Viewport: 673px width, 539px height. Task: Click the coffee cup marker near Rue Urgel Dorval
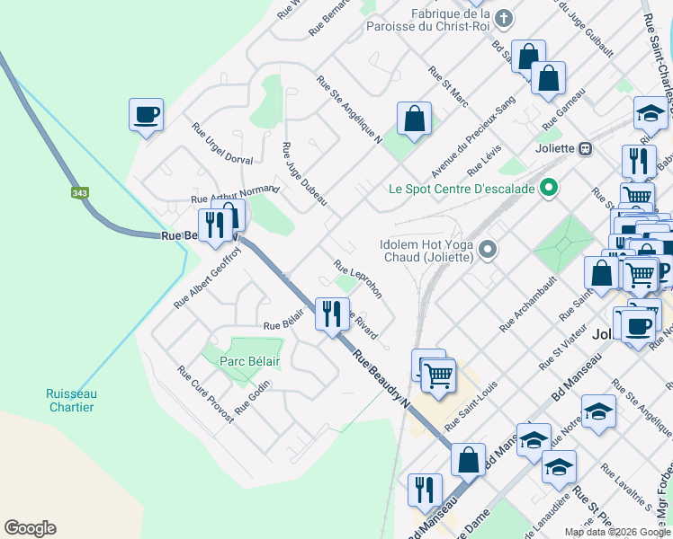tap(146, 116)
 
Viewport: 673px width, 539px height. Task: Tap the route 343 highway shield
tap(79, 192)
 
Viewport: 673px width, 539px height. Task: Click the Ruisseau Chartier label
tap(71, 401)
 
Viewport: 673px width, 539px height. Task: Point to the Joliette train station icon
tap(585, 148)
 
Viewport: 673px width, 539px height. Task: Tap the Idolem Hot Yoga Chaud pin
tap(487, 249)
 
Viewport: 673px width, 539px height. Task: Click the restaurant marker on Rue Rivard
tap(331, 314)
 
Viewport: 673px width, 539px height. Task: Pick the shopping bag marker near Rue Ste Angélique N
tap(414, 119)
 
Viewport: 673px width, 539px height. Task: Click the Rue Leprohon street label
tap(357, 278)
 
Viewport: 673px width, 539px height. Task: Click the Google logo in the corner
tap(30, 528)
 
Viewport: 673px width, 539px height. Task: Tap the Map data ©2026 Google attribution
tap(617, 531)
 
